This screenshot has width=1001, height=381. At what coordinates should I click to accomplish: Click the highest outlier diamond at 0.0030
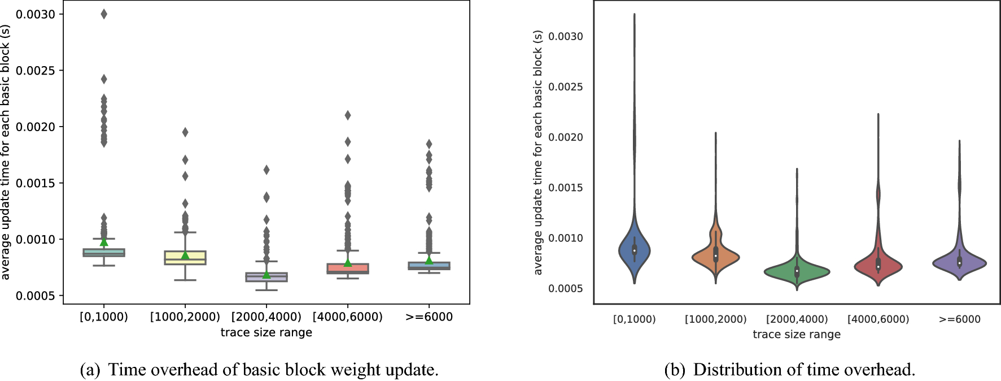point(104,14)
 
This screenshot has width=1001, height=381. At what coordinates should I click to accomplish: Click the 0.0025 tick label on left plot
point(36,71)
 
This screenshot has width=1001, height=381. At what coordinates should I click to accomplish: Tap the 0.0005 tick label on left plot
point(36,296)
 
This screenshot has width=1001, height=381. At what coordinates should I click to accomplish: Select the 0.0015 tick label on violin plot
point(566,188)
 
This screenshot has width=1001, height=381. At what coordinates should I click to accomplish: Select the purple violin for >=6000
point(959,263)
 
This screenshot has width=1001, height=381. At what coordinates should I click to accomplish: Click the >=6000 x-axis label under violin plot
point(959,319)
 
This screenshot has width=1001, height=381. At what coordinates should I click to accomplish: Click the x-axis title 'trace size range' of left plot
point(266,332)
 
